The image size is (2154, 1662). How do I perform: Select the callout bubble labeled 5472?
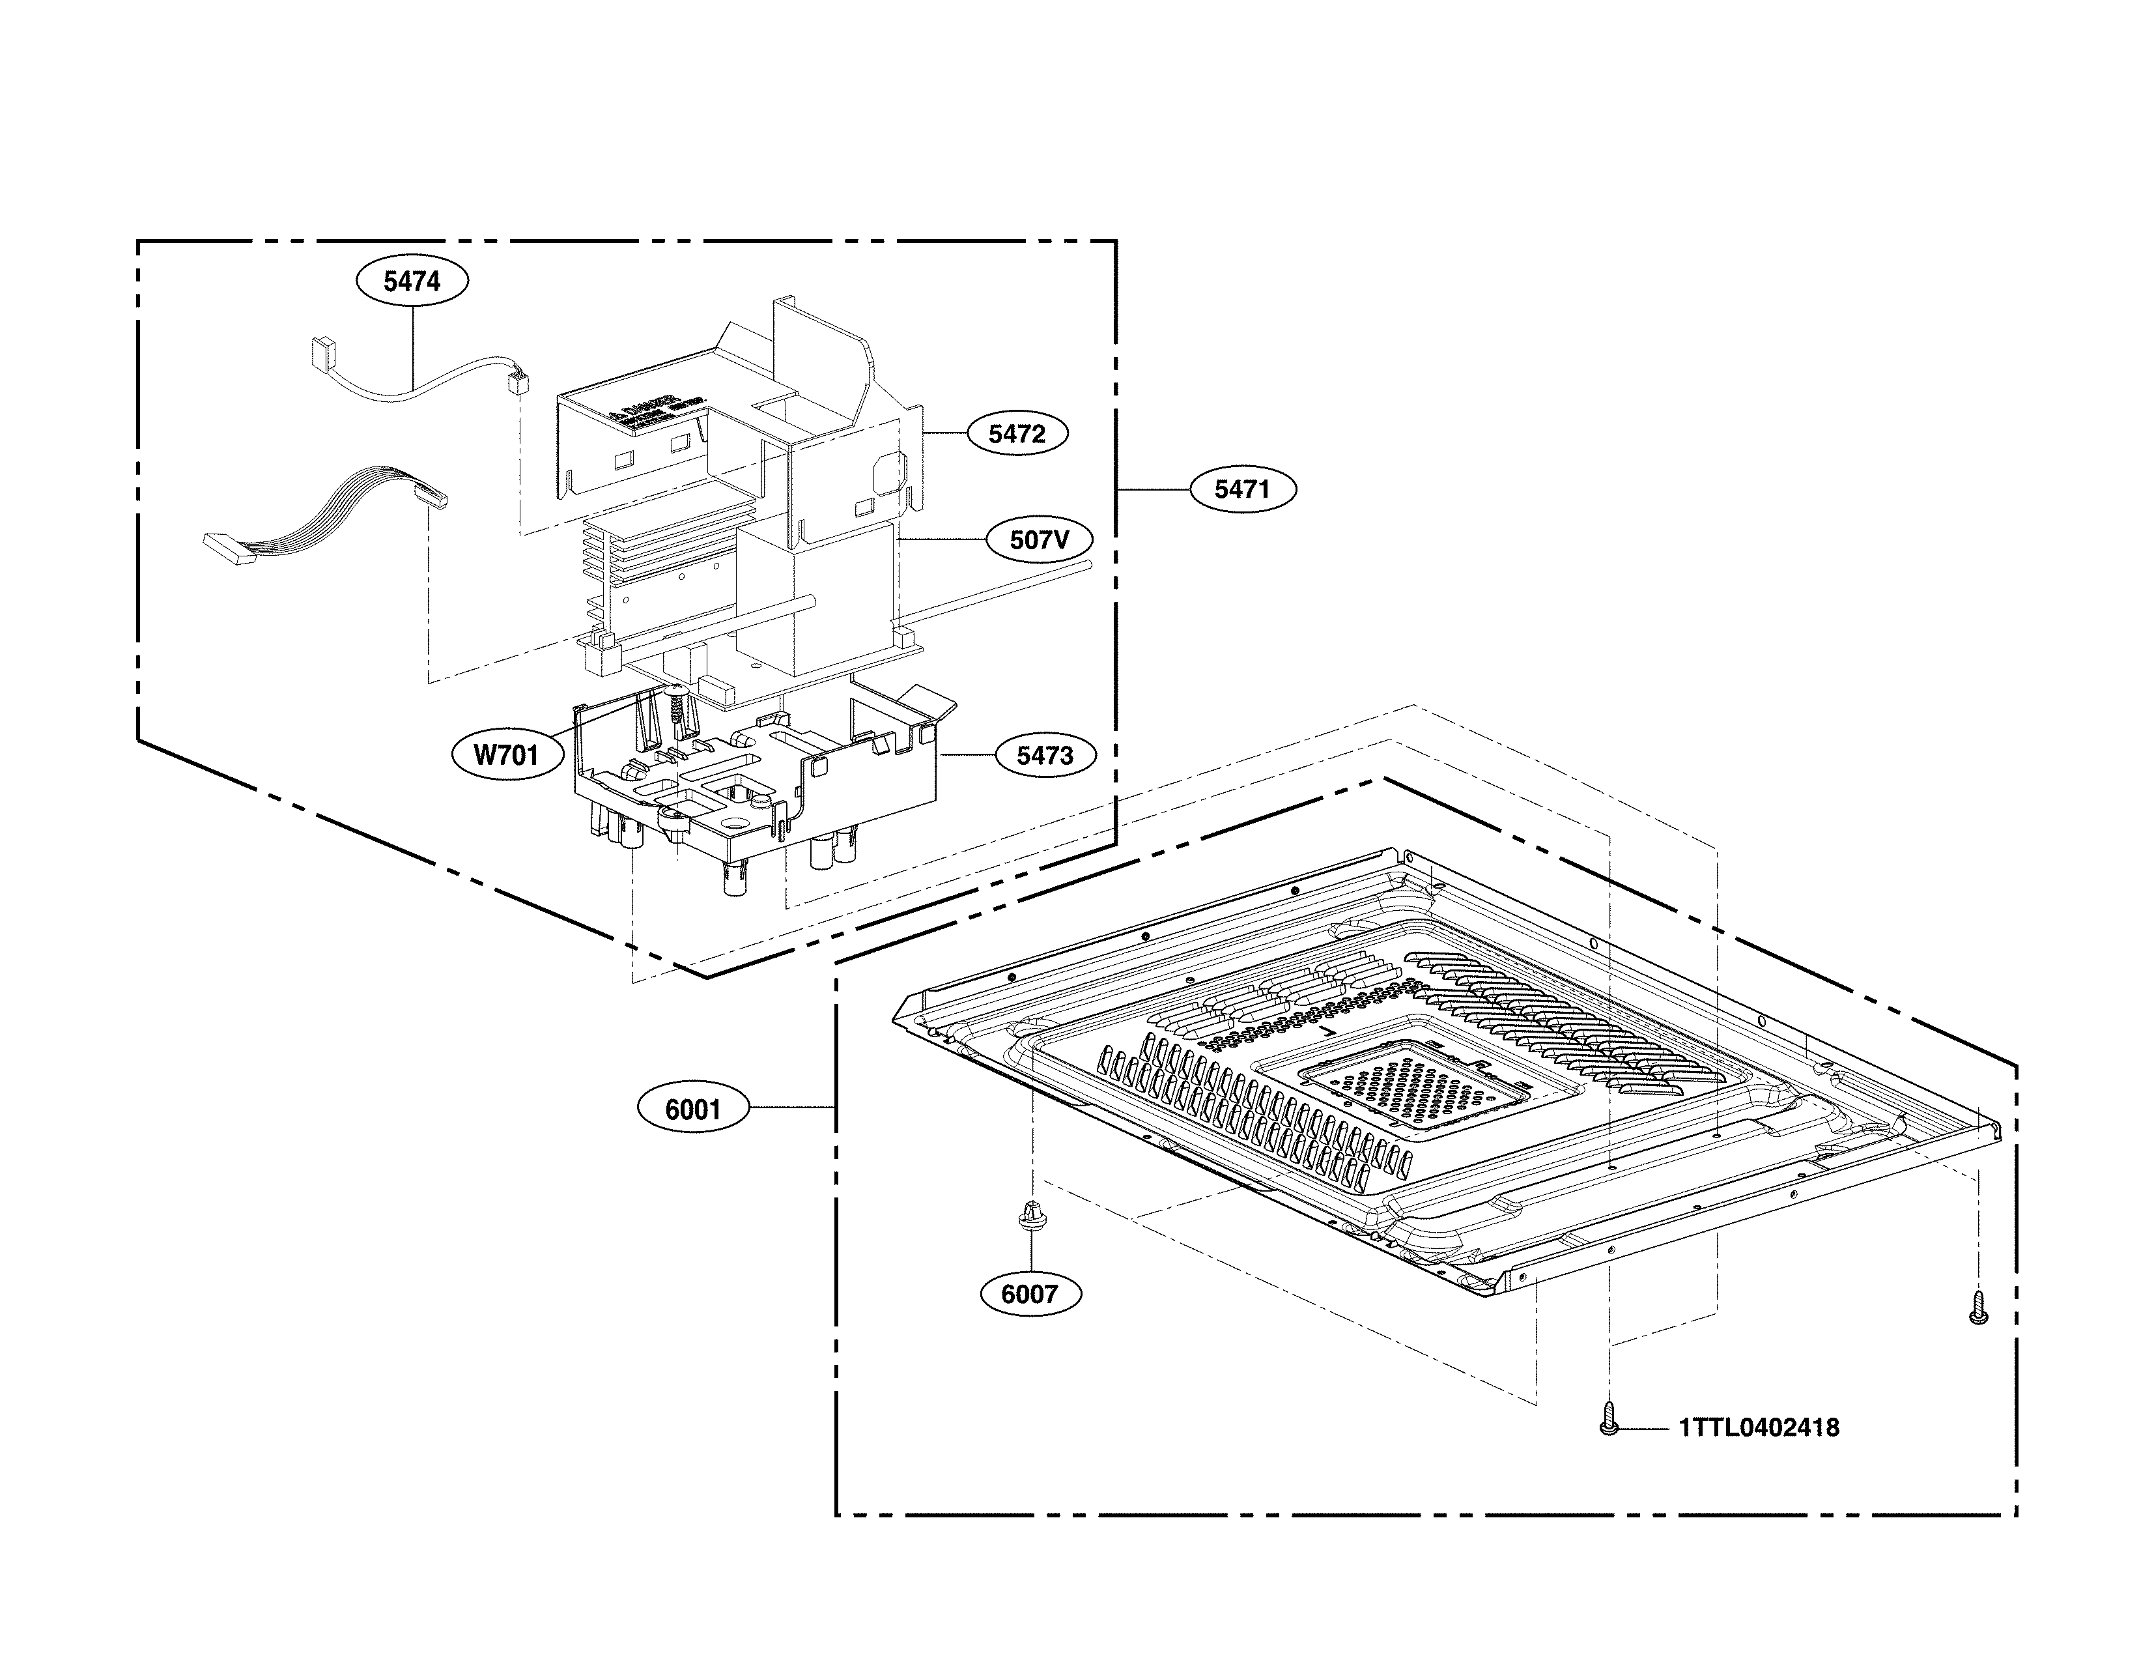(1017, 433)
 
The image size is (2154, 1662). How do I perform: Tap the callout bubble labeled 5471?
(1241, 489)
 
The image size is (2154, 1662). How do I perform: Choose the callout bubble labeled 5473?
(1045, 756)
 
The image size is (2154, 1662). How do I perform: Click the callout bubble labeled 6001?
(692, 1110)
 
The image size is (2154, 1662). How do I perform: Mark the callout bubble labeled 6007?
(1030, 1294)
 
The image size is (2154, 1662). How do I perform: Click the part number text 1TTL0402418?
(1759, 1427)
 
